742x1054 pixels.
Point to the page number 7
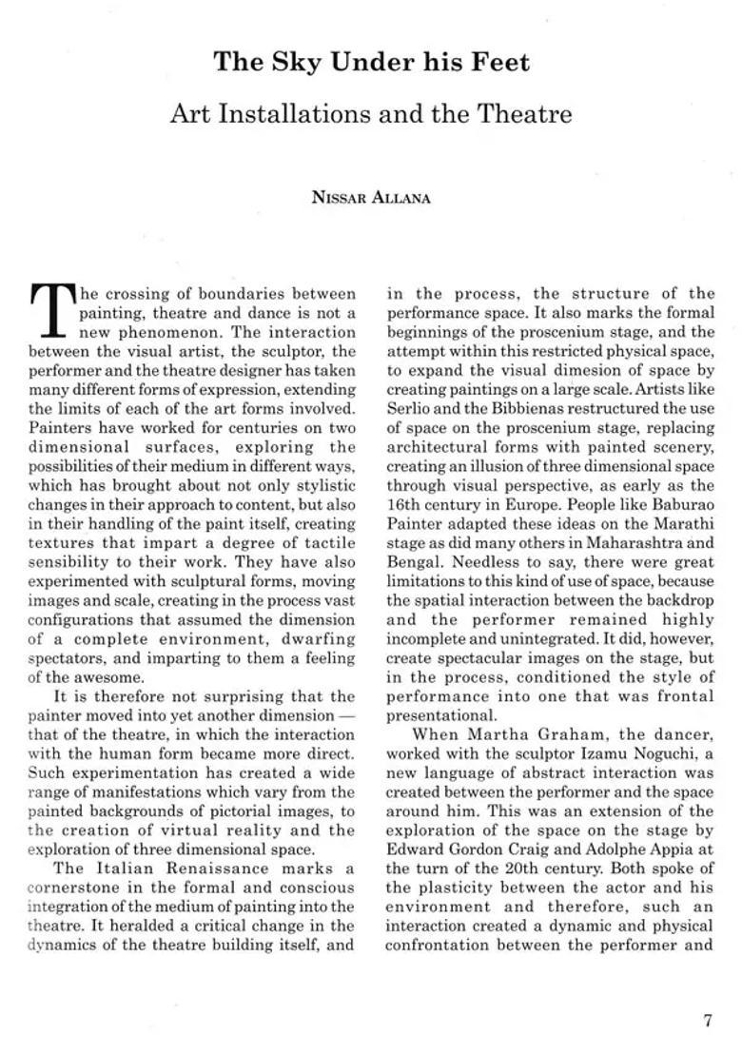(707, 1021)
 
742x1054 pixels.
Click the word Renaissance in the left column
(225, 869)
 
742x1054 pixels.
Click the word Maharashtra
(632, 543)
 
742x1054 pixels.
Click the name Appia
(666, 849)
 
